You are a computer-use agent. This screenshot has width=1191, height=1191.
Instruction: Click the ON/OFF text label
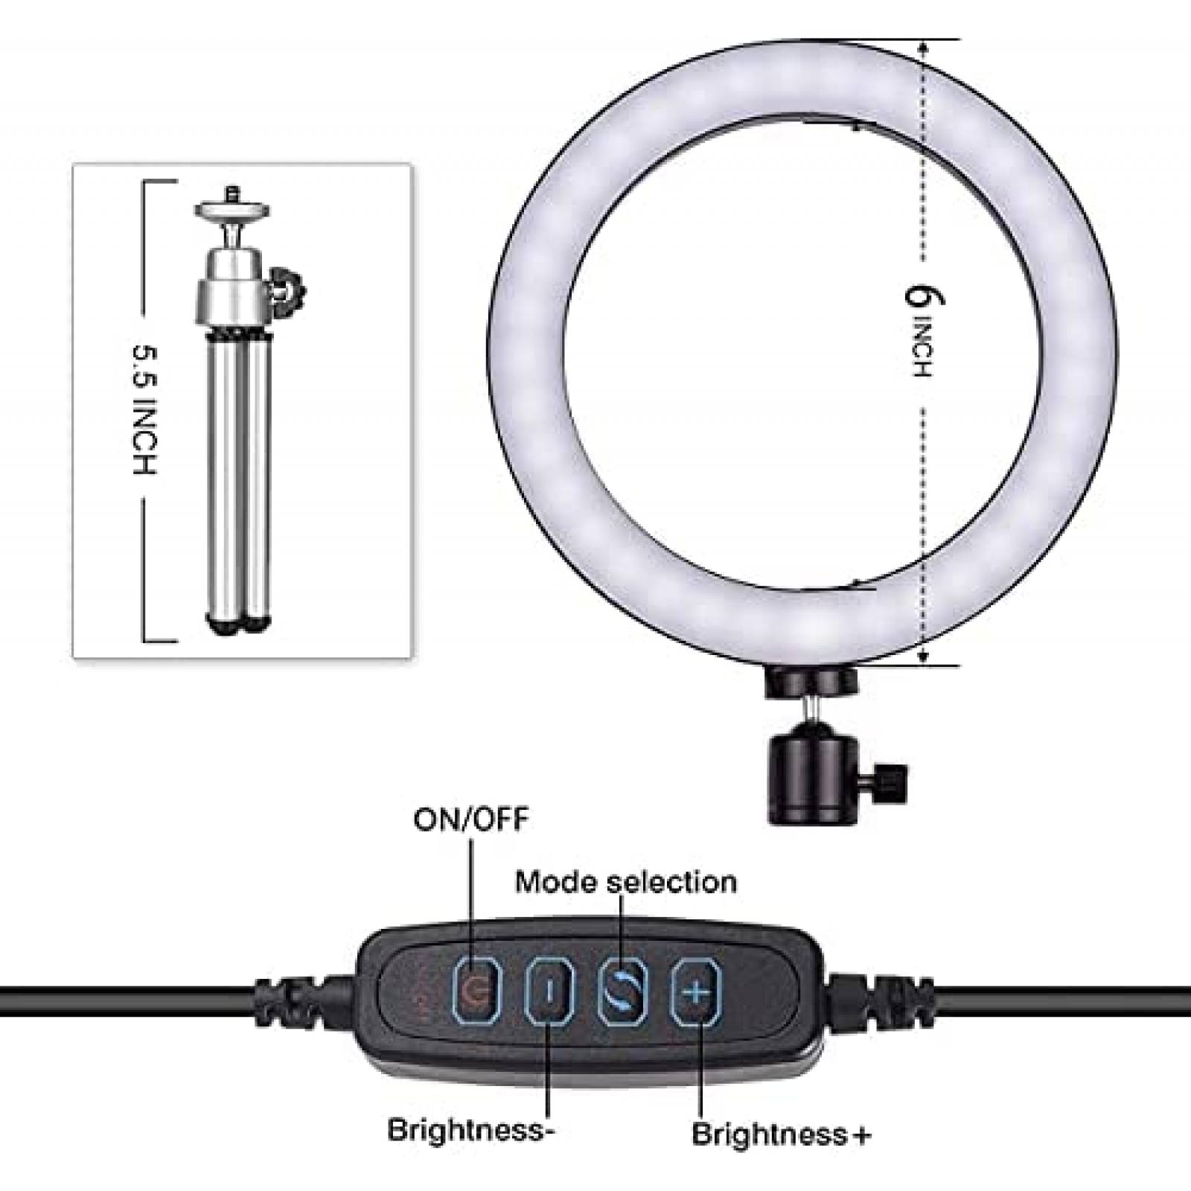(x=470, y=820)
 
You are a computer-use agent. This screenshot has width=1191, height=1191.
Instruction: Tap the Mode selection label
(x=626, y=882)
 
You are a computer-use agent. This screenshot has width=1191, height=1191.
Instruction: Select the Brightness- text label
(x=471, y=1130)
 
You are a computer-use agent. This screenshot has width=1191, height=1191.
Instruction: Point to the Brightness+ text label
(x=782, y=1135)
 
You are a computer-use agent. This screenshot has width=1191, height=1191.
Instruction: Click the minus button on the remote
(x=549, y=992)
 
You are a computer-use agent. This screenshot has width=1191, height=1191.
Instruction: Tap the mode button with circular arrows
(x=622, y=992)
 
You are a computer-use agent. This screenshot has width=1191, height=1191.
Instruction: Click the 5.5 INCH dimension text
(x=145, y=409)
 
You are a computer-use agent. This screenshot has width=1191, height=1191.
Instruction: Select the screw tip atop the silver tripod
(x=232, y=193)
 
